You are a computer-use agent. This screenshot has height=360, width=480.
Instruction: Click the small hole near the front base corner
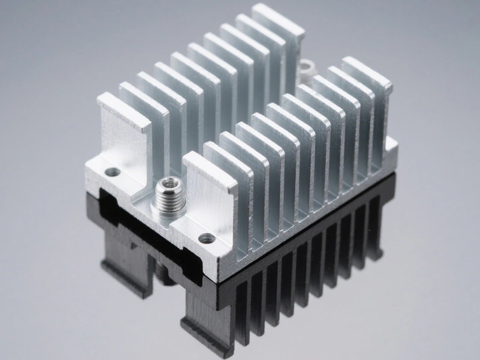tap(206, 238)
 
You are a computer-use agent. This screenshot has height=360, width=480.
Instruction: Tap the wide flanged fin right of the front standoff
tap(210, 192)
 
